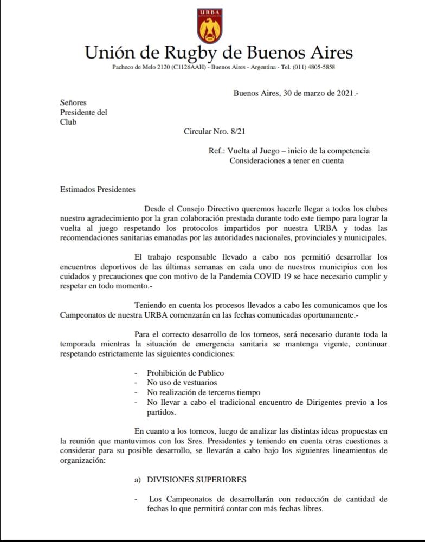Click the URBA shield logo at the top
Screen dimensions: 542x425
pyautogui.click(x=210, y=25)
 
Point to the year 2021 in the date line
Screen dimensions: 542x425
pyautogui.click(x=341, y=93)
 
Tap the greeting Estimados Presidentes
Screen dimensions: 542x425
pyautogui.click(x=98, y=190)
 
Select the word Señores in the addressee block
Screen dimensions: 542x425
pyautogui.click(x=73, y=102)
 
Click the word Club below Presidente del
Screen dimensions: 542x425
pyautogui.click(x=68, y=122)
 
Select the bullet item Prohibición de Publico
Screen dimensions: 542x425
pyautogui.click(x=185, y=373)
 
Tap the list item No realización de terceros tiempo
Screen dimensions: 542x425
pyautogui.click(x=204, y=392)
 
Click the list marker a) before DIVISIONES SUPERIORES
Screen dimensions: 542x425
pyautogui.click(x=138, y=480)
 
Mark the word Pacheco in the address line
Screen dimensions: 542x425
pyautogui.click(x=123, y=67)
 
